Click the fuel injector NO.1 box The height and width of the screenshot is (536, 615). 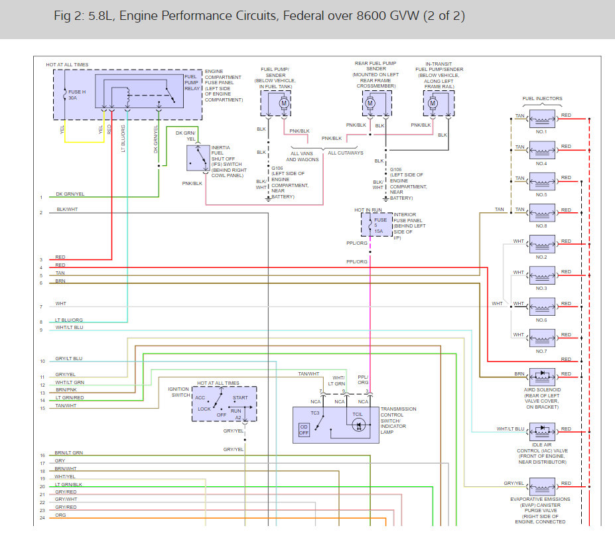[542, 119]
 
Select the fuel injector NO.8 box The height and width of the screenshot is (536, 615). [542, 213]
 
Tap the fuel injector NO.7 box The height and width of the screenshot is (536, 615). [542, 338]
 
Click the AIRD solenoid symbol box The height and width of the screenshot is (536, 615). [542, 377]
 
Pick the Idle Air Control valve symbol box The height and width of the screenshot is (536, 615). [542, 432]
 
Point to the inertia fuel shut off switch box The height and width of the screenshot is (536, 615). [198, 158]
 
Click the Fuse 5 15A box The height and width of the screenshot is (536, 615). [377, 225]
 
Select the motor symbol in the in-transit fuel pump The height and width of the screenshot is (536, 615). [433, 103]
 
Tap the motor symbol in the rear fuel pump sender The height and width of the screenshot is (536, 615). [370, 103]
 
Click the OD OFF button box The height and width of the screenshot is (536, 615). [304, 430]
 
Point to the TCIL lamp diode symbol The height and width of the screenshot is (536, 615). [358, 425]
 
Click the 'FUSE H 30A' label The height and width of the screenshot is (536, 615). [77, 95]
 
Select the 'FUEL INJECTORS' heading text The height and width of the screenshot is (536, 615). [542, 98]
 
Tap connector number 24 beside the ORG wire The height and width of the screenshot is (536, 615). [42, 518]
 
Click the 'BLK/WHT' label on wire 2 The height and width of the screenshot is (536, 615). [67, 210]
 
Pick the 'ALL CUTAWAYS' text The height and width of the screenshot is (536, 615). [346, 153]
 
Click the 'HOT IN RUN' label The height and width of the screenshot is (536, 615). [368, 210]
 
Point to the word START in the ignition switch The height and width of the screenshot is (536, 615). [240, 397]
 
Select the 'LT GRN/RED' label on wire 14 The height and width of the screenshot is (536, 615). [70, 397]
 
